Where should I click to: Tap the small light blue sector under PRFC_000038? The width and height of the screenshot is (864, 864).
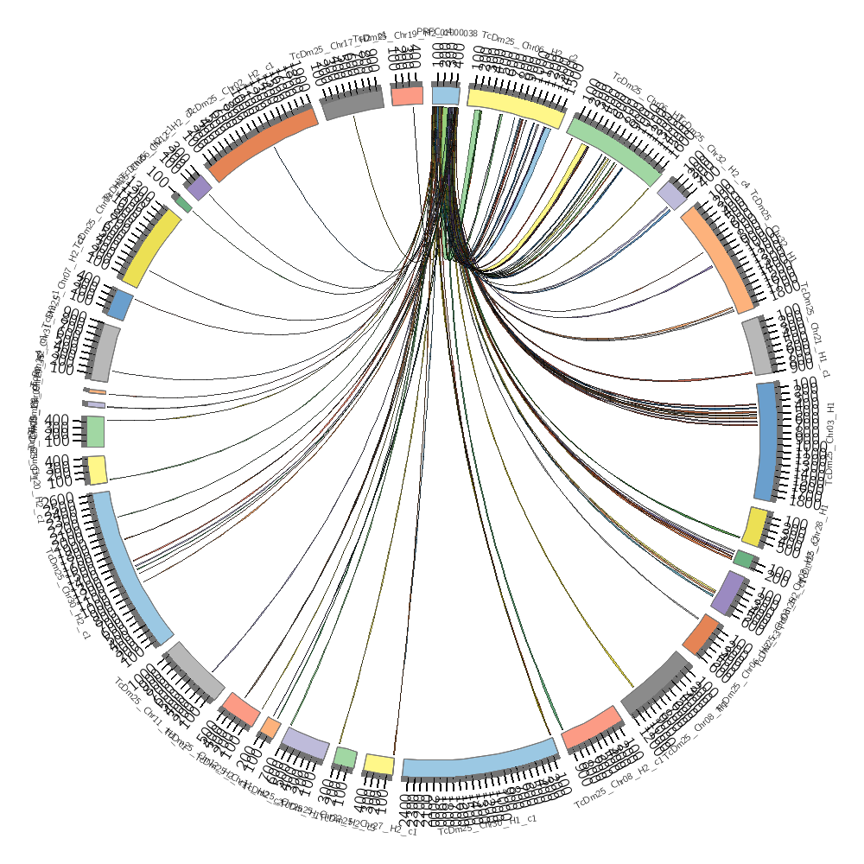pyautogui.click(x=445, y=95)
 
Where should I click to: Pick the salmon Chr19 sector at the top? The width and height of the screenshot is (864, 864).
pyautogui.click(x=407, y=96)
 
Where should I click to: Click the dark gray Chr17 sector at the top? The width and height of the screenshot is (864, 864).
pyautogui.click(x=353, y=105)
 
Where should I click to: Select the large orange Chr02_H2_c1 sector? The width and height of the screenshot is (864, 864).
pyautogui.click(x=263, y=148)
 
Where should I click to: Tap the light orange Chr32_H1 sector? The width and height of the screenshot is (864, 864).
pyautogui.click(x=716, y=258)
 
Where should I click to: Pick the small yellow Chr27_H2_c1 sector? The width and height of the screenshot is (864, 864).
pyautogui.click(x=378, y=764)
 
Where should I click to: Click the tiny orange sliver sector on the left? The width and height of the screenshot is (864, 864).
pyautogui.click(x=97, y=391)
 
